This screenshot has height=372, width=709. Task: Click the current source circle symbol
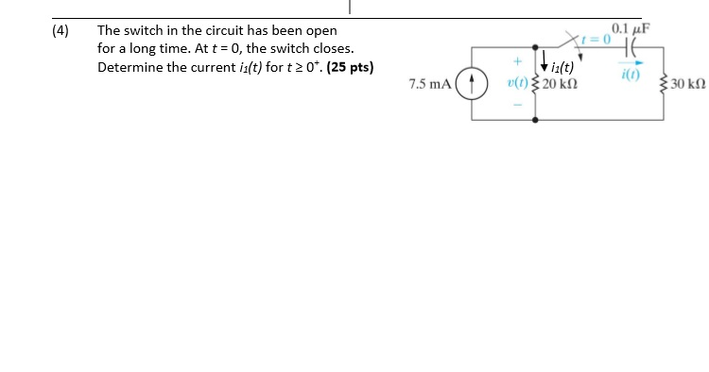click(472, 83)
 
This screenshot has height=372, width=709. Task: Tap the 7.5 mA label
click(429, 84)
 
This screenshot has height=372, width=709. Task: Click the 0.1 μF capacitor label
click(628, 29)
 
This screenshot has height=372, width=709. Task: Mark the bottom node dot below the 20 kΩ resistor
click(538, 122)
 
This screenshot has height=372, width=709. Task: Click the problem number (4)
click(61, 30)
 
